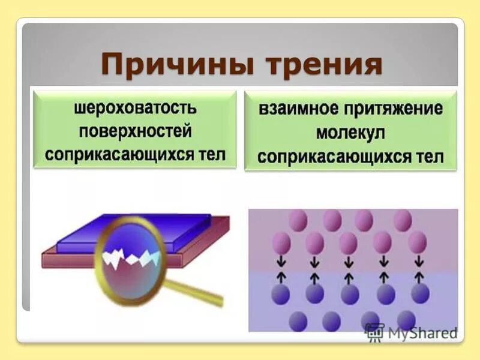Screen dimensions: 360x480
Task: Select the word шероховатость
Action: coord(135,110)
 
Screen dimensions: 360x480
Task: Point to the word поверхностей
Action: coord(135,132)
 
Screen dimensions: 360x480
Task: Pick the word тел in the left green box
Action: coord(210,154)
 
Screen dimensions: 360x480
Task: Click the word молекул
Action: coord(351,133)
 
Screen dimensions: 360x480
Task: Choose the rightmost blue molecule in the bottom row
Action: coord(406,320)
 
